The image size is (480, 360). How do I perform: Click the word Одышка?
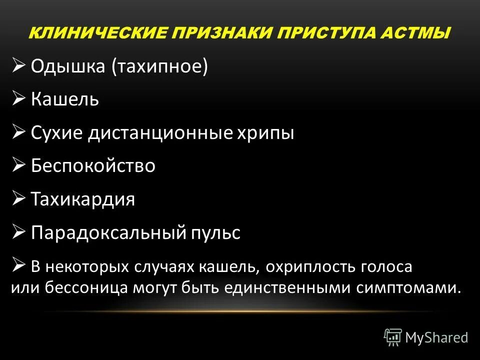point(68,66)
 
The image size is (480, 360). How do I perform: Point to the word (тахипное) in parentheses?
point(159,67)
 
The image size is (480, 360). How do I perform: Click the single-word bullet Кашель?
point(65,99)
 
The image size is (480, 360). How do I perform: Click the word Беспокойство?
point(93,166)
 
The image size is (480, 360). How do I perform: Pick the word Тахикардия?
point(83,199)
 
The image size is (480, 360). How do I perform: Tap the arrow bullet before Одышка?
point(19,65)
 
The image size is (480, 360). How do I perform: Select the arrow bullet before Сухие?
point(19,132)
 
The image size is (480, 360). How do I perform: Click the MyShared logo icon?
point(393,337)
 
